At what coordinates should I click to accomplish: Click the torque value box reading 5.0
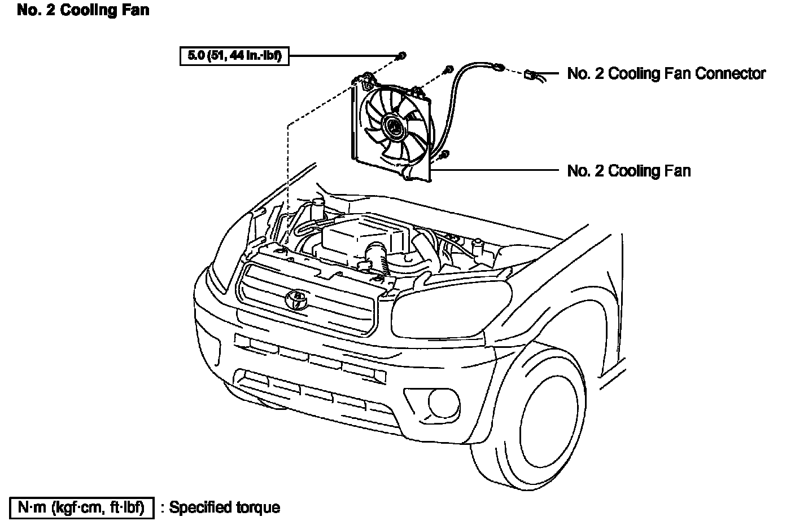[234, 56]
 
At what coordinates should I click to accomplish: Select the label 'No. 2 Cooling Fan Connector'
[666, 73]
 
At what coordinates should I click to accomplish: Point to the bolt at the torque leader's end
[401, 55]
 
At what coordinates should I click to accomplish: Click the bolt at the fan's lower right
[444, 154]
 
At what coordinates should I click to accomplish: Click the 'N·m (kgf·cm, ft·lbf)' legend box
[81, 507]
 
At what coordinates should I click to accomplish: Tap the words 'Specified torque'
[225, 507]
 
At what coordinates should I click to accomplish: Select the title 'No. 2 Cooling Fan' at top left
[83, 10]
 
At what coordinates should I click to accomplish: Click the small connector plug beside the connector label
[531, 74]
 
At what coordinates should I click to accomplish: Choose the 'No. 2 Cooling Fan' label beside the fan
[628, 170]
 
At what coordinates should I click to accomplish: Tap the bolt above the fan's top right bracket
[448, 69]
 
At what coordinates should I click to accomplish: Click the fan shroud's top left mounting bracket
[364, 78]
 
